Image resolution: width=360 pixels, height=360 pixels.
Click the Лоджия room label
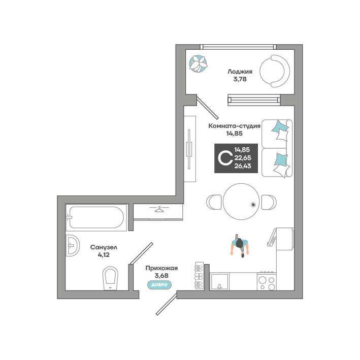point(240,72)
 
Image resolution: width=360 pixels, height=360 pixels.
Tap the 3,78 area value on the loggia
point(240,79)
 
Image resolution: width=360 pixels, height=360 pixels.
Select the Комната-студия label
point(235,126)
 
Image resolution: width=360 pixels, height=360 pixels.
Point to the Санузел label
point(104,247)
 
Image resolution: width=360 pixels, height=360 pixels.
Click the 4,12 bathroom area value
point(104,255)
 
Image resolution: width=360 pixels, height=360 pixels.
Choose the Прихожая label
point(161,268)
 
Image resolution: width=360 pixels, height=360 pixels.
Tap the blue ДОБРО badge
point(159,285)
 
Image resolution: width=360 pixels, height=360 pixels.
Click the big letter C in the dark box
point(225,158)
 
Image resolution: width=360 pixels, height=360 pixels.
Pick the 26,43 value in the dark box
point(243,166)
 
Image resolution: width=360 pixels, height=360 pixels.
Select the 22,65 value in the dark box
point(243,158)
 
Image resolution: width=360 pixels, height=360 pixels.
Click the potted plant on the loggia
point(198,63)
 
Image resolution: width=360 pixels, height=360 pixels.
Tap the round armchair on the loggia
point(275,71)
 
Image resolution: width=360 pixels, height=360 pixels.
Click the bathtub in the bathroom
point(96,217)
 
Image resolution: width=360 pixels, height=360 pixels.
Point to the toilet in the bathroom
point(110,278)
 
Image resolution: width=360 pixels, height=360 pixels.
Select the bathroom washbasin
point(72,245)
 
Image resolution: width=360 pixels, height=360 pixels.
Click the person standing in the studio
point(240,246)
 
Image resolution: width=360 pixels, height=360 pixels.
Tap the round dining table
point(241,202)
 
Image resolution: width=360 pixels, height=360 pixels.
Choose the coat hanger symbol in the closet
point(158,209)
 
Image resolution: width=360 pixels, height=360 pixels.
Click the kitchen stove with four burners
point(267,281)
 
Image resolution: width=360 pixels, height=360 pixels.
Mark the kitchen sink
point(219,281)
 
